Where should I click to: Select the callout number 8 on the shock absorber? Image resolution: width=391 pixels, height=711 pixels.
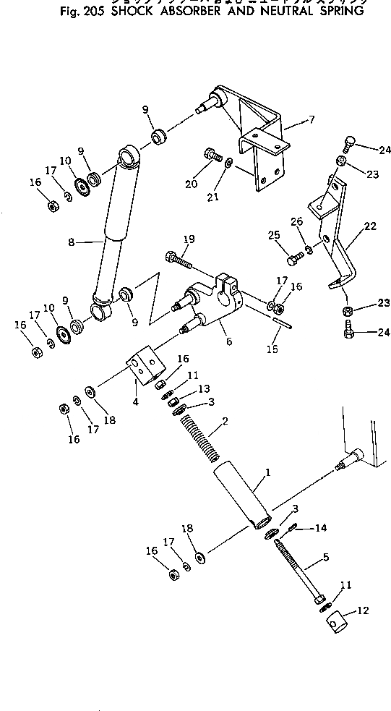(x=72, y=243)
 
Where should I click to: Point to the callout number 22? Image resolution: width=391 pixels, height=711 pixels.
(x=369, y=227)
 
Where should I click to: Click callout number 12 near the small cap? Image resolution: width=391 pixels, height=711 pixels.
(x=363, y=610)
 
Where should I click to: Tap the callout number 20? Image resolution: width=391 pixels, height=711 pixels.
(x=191, y=184)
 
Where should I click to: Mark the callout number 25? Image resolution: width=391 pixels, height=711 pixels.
(x=275, y=236)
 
